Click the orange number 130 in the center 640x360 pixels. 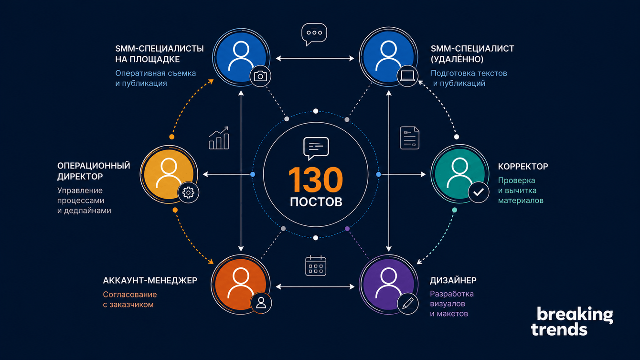[x=316, y=180]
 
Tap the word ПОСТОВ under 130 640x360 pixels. [x=316, y=201]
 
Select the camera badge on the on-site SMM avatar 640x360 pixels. [x=260, y=76]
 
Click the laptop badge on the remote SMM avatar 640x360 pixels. [x=407, y=76]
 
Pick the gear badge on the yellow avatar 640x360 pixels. [x=188, y=192]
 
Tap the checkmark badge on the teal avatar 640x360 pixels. [x=479, y=192]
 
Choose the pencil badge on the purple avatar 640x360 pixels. [x=408, y=304]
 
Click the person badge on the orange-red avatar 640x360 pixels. [x=261, y=303]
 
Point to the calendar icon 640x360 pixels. [x=316, y=266]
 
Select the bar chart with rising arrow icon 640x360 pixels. [x=219, y=138]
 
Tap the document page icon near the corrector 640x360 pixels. [x=409, y=138]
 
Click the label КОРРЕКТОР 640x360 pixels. [x=523, y=167]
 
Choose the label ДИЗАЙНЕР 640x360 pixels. [x=453, y=281]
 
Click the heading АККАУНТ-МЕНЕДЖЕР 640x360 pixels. [x=150, y=280]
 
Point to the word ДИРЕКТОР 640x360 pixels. [x=80, y=177]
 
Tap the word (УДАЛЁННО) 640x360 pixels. [x=457, y=59]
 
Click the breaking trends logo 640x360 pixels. [x=572, y=321]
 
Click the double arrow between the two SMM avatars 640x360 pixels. [x=315, y=58]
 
